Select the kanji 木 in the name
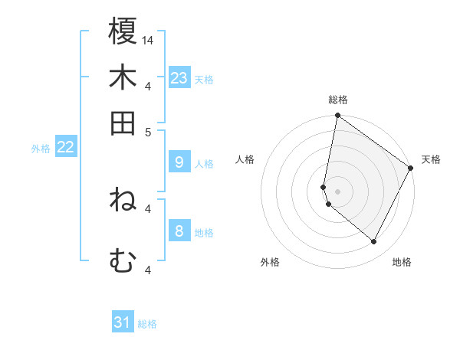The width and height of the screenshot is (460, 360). coord(123,77)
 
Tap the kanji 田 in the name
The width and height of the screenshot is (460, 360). coord(123,123)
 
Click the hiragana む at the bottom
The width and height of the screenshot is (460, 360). coord(123,261)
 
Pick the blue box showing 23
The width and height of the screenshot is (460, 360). coord(179,78)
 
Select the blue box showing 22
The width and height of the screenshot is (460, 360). coord(65,148)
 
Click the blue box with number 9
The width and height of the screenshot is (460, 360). coord(179,162)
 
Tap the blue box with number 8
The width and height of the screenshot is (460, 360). coord(179,231)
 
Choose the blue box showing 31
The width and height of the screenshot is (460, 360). coord(123,322)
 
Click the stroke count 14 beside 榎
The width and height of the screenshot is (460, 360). coord(148,39)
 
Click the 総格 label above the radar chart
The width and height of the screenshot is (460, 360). coord(338,100)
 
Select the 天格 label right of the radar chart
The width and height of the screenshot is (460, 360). coord(431,159)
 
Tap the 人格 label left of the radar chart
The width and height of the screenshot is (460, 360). coord(245,159)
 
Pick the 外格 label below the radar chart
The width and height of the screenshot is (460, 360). coord(270,262)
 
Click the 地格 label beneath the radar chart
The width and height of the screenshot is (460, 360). coord(402,262)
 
